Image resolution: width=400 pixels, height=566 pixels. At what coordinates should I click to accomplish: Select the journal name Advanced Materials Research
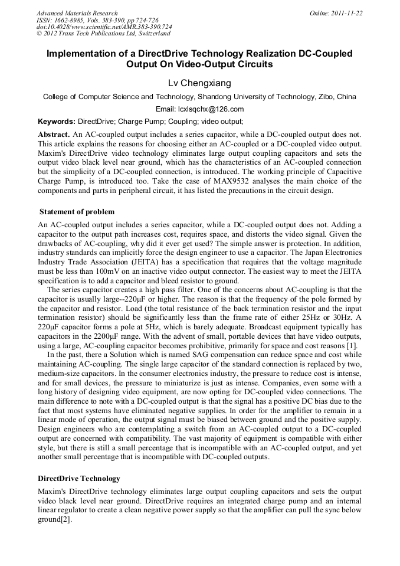[77, 13]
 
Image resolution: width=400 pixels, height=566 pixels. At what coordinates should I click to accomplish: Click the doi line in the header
[104, 27]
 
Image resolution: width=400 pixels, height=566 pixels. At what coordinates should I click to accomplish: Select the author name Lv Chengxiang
[199, 83]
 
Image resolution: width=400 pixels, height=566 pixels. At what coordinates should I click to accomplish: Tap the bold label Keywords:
[57, 122]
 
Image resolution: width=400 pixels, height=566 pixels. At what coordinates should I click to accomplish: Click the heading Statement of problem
[77, 212]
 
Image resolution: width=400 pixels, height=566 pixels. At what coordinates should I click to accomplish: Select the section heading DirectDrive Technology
[79, 478]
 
